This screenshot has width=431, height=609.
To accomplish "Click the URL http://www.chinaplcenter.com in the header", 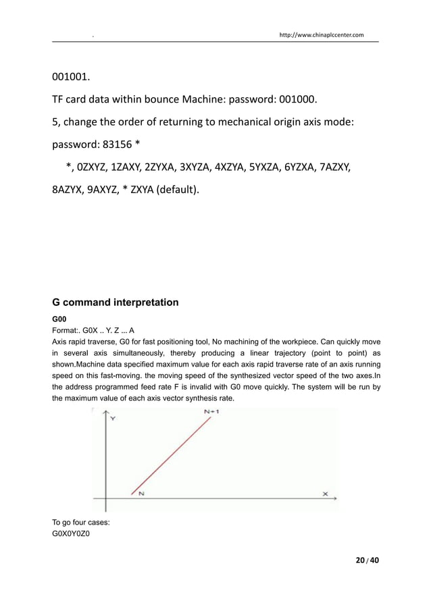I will [x=322, y=34].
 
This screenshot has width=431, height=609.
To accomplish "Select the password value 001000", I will [x=295, y=101].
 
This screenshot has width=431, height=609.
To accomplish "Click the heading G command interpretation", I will [x=115, y=302].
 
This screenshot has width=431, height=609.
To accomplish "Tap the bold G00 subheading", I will [x=59, y=318].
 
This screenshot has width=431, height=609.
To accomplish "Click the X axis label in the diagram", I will [x=325, y=494].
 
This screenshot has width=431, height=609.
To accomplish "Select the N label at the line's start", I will [x=141, y=494].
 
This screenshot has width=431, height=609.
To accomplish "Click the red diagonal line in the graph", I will [x=172, y=454].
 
